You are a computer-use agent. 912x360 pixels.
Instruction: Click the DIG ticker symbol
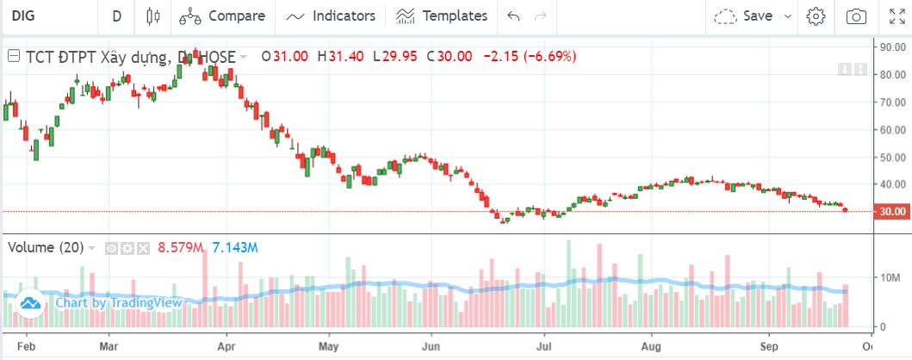click(23, 16)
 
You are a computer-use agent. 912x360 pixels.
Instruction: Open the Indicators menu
click(332, 16)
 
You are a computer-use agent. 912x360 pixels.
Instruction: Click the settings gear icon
click(816, 16)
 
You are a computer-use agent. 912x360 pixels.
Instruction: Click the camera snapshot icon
click(856, 16)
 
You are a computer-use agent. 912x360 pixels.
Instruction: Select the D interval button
click(116, 16)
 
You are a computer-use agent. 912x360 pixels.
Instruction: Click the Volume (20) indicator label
click(46, 248)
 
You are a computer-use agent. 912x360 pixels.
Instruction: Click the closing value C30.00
click(454, 57)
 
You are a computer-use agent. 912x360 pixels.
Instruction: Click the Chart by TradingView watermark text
click(118, 302)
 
